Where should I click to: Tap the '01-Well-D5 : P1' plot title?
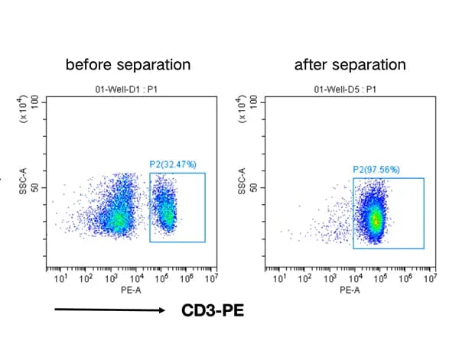(x=344, y=89)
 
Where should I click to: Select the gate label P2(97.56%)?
(x=376, y=170)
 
